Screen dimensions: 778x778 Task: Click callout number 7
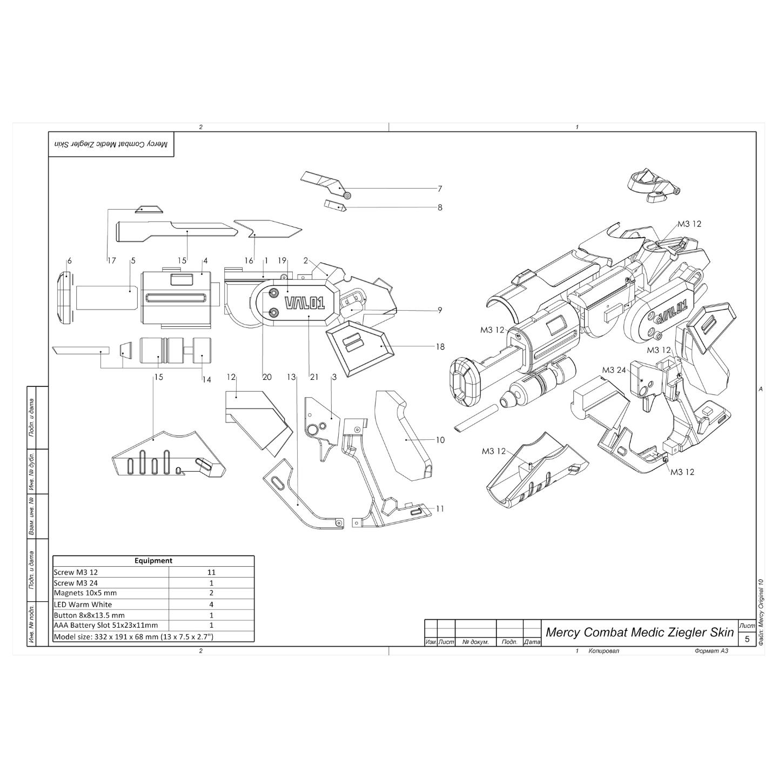(x=440, y=189)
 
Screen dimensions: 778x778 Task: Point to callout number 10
(x=440, y=440)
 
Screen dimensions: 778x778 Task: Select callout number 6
(x=69, y=261)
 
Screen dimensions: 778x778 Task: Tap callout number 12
(x=231, y=377)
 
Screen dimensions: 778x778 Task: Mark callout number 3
(x=334, y=377)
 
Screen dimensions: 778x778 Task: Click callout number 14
(x=206, y=379)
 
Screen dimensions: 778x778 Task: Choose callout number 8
(x=440, y=207)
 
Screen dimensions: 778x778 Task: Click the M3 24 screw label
(x=614, y=370)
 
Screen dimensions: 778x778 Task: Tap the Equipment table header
(x=153, y=561)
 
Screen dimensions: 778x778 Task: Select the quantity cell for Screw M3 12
(x=211, y=572)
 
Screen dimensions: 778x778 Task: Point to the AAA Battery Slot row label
(x=106, y=625)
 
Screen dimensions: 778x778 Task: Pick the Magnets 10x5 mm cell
(x=85, y=593)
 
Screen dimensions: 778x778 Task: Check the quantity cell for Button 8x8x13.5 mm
(x=211, y=615)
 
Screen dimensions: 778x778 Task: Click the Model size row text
(x=133, y=636)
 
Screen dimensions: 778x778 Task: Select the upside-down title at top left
(x=111, y=145)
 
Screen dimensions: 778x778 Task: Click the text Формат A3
(x=712, y=650)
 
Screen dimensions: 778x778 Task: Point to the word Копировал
(x=604, y=650)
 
